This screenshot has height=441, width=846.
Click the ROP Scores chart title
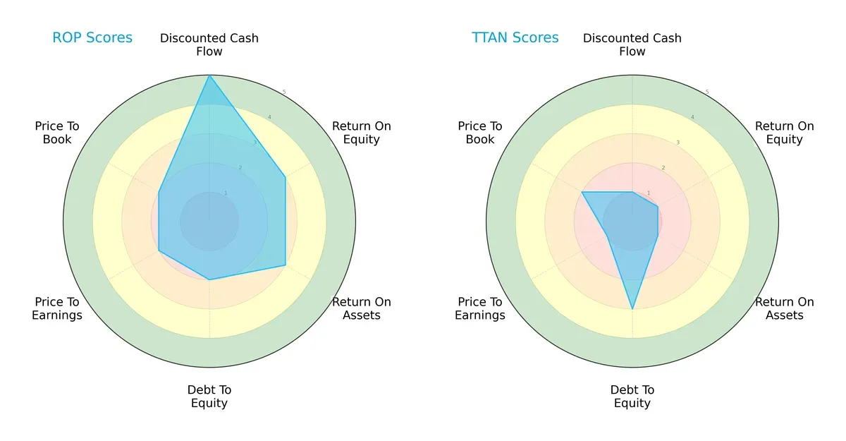tap(92, 38)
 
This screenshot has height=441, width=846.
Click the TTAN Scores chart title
tap(515, 38)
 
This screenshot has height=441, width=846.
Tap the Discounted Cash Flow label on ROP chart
tap(209, 44)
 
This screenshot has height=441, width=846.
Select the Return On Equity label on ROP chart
tap(362, 133)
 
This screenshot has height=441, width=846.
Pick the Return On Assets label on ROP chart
tap(362, 308)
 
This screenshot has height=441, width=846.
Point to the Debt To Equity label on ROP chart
tap(209, 397)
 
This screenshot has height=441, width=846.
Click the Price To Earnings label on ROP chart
tap(57, 308)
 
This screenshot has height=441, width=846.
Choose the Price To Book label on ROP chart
tap(57, 133)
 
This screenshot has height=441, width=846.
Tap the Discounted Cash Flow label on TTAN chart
tap(632, 44)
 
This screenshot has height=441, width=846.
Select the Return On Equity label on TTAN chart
tap(785, 133)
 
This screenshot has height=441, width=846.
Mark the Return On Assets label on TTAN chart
tap(785, 308)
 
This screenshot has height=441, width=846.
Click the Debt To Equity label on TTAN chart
tap(632, 397)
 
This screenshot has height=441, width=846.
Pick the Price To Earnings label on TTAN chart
tap(480, 308)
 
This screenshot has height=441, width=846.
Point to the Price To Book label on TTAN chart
tap(480, 133)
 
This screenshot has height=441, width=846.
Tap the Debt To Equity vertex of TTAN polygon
tap(632, 309)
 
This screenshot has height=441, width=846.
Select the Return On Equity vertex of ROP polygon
tap(285, 177)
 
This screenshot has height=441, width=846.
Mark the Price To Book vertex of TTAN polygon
tap(582, 192)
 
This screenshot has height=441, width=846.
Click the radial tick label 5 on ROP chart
tap(284, 92)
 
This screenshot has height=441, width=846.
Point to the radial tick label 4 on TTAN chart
tap(692, 117)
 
